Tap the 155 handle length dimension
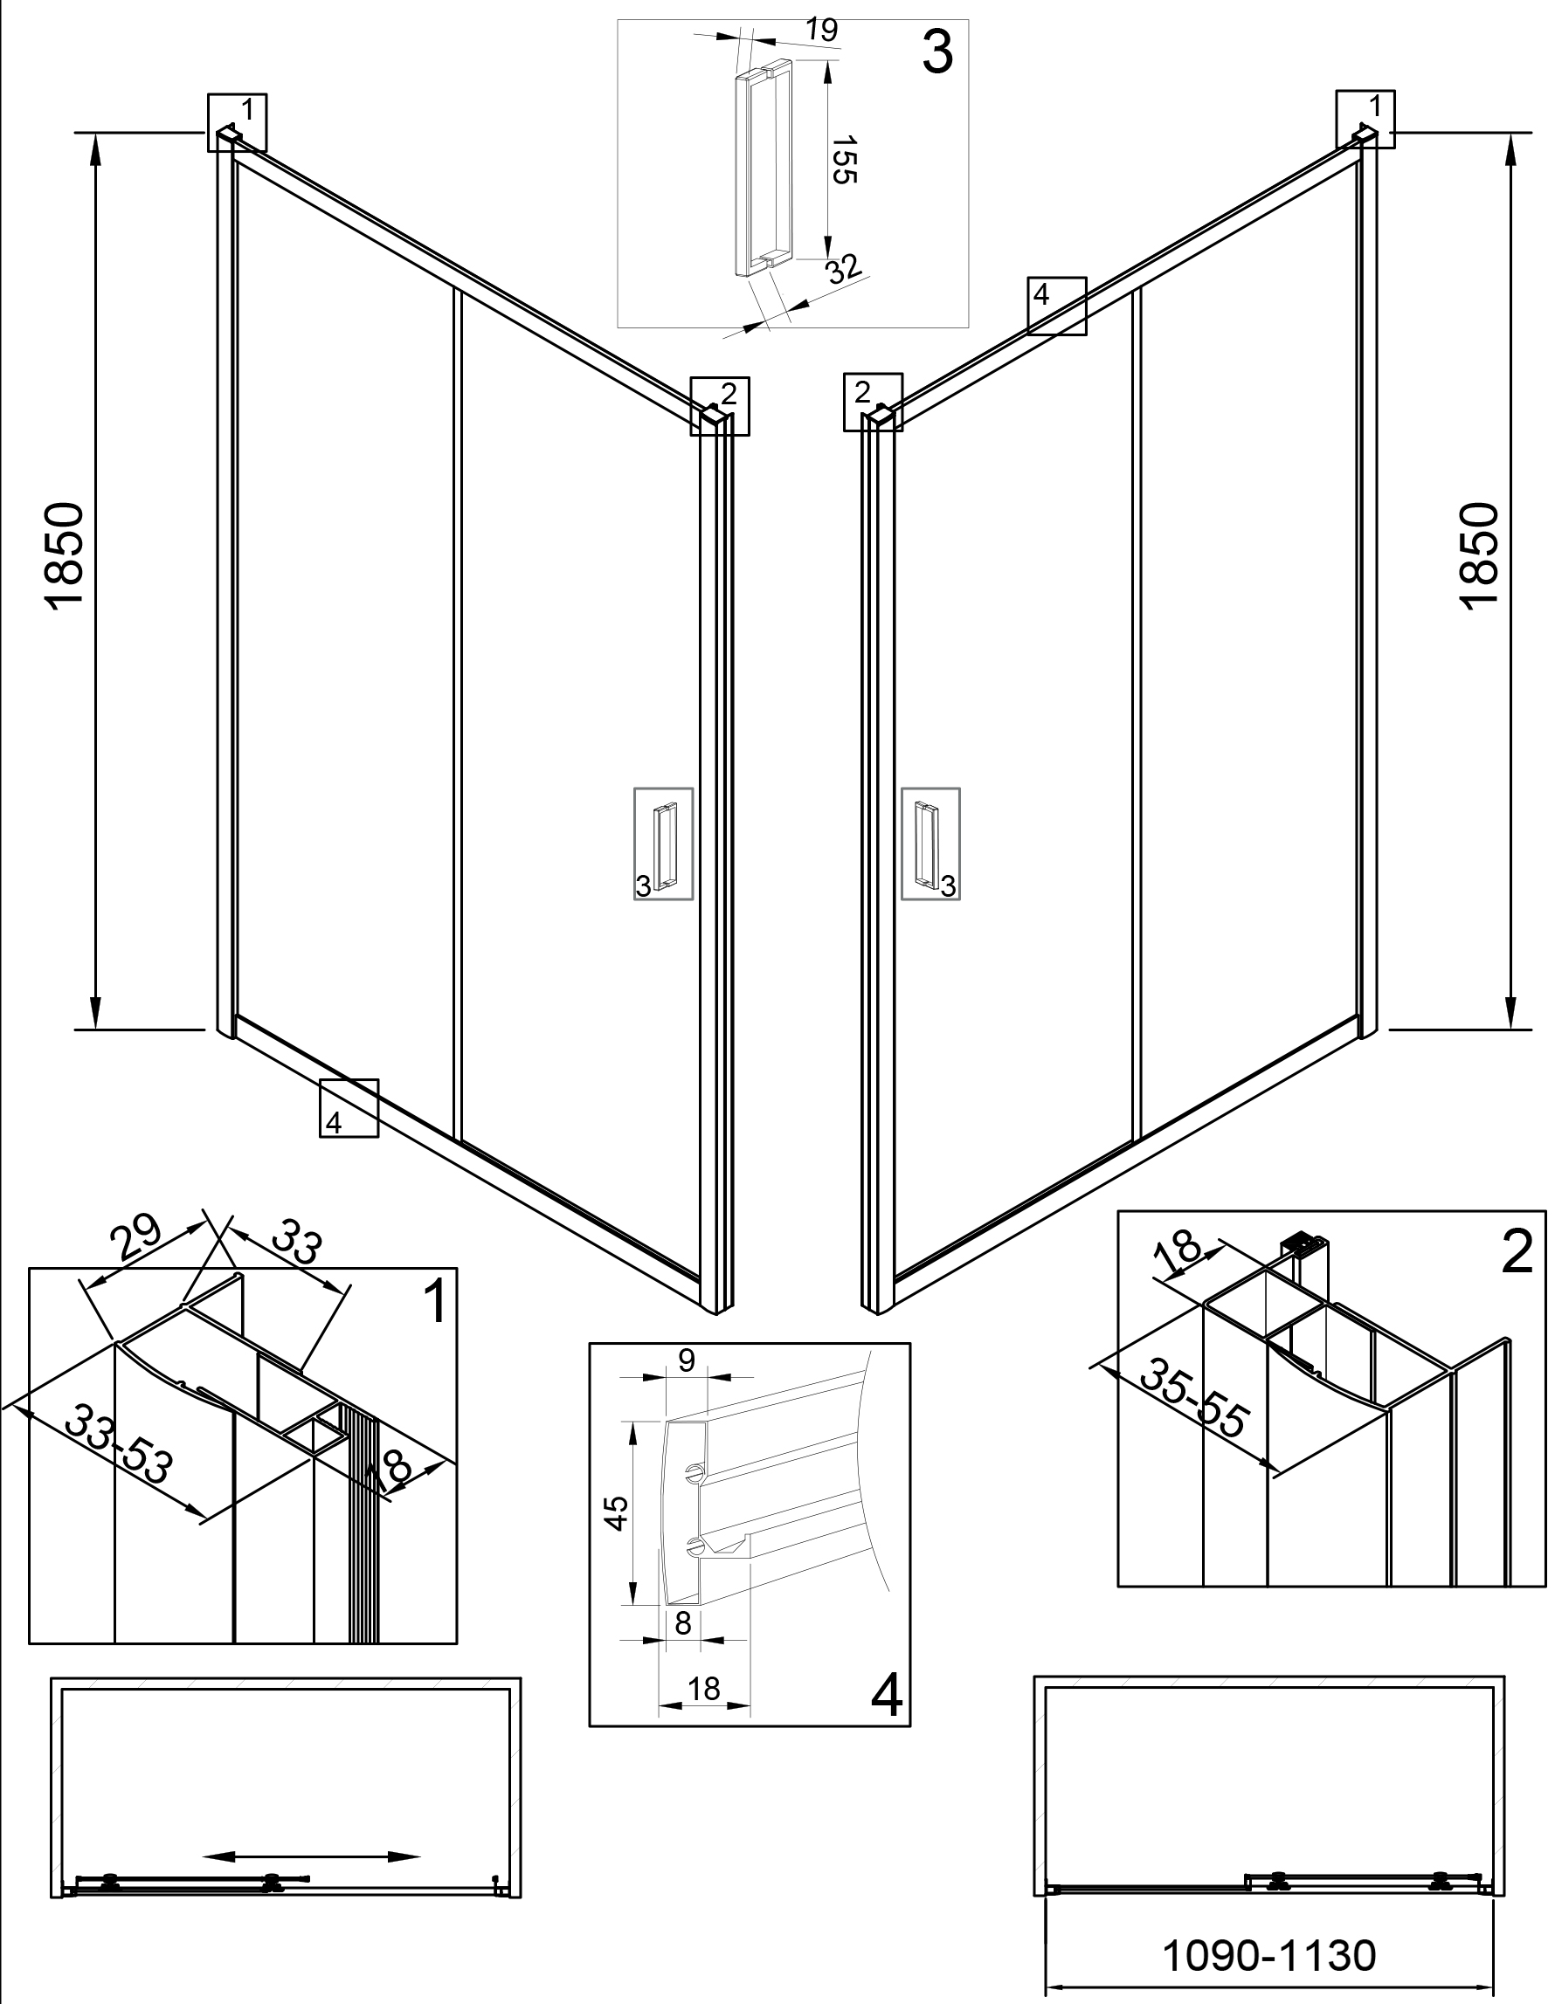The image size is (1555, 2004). tap(845, 160)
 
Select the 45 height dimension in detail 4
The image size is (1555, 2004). tap(619, 1512)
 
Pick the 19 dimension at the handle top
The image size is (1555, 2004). tap(821, 31)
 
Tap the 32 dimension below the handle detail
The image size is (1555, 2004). tap(844, 269)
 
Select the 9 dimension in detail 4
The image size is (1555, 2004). tap(687, 1360)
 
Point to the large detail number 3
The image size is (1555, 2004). tap(937, 52)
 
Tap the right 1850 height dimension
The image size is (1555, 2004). tap(1479, 554)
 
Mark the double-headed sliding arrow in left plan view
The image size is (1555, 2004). tap(311, 1856)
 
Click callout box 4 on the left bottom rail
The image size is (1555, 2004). tap(349, 1107)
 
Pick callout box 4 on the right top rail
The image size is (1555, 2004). tap(1056, 306)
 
